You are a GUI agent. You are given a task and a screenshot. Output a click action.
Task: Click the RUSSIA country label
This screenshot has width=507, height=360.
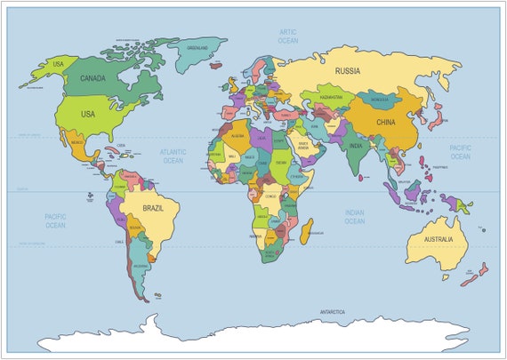[x=346, y=70]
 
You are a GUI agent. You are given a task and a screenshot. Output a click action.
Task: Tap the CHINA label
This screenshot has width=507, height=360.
[x=386, y=122]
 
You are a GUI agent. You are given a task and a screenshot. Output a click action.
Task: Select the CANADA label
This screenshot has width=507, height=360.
[x=93, y=77]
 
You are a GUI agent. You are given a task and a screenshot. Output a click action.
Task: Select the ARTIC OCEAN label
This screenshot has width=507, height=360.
[x=287, y=36]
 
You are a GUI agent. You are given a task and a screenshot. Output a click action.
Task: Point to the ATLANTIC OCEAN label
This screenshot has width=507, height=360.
[x=173, y=156]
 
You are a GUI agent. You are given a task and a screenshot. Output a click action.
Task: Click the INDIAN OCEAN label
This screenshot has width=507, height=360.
[x=354, y=215]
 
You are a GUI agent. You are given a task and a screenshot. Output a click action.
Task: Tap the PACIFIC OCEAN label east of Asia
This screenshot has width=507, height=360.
[x=460, y=152]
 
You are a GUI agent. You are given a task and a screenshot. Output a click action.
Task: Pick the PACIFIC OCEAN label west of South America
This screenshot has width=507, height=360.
[x=55, y=220]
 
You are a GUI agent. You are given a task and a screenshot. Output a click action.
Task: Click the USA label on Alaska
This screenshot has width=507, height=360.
[x=59, y=64]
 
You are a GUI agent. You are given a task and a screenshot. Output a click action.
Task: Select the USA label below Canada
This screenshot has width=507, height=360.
[x=87, y=114]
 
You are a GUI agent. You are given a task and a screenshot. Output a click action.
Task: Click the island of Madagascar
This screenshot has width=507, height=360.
[x=307, y=232]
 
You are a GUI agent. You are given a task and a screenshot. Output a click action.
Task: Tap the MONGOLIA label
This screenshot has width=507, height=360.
[x=380, y=100]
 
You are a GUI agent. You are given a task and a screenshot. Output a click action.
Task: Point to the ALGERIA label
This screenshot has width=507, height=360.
[x=237, y=137]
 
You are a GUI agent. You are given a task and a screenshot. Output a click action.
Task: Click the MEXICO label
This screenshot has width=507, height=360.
[x=76, y=142]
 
